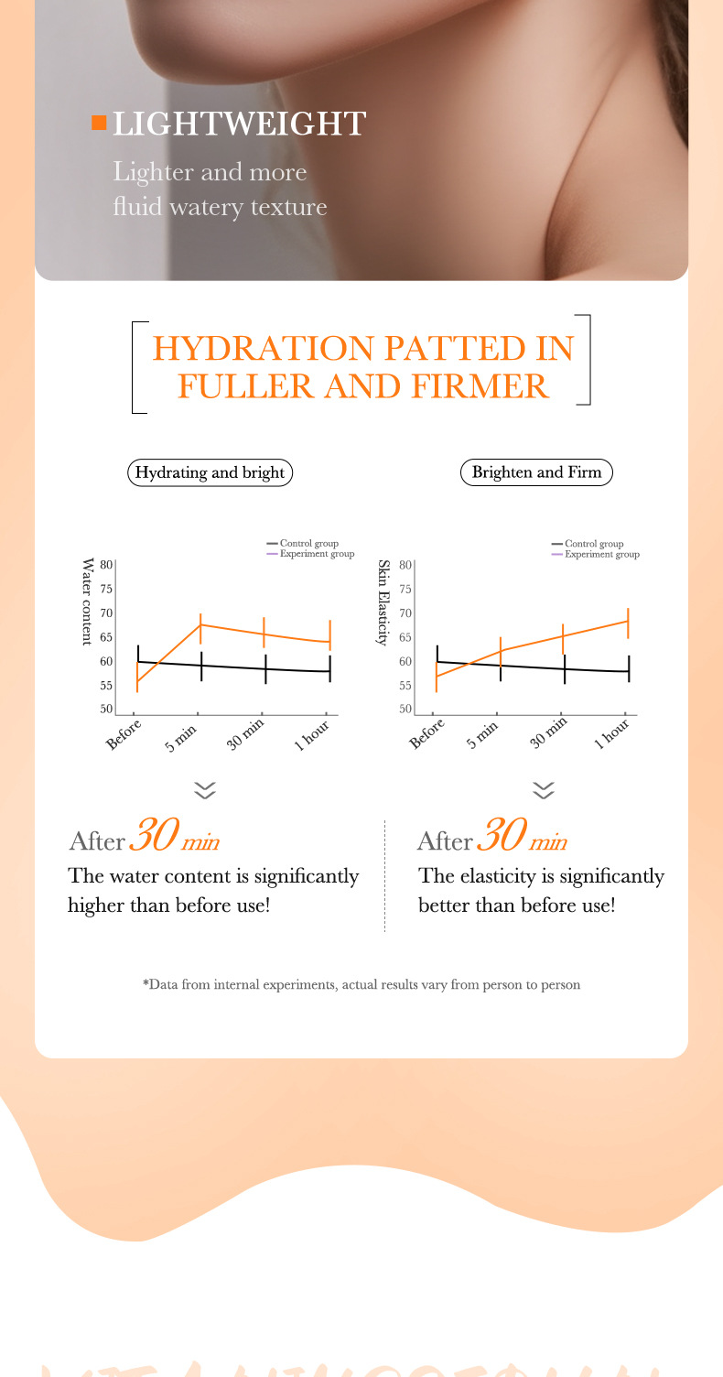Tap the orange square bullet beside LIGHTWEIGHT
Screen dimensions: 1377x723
(x=99, y=123)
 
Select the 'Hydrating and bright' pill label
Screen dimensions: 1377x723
(x=210, y=473)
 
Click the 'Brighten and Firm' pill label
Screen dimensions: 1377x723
(x=536, y=473)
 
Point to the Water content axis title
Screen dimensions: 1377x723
(x=89, y=602)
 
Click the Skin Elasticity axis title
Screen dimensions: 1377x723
(x=384, y=602)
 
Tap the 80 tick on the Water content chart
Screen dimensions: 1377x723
(x=106, y=565)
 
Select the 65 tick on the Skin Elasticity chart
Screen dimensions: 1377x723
(x=405, y=637)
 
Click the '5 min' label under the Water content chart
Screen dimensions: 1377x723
(x=182, y=736)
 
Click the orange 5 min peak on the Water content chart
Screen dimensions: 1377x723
(x=200, y=624)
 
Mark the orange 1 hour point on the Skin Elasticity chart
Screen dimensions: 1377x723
(x=628, y=621)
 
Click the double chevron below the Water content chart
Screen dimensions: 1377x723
(x=206, y=790)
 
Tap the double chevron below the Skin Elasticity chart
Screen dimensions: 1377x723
(x=544, y=790)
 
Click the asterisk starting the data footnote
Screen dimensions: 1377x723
(x=146, y=985)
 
